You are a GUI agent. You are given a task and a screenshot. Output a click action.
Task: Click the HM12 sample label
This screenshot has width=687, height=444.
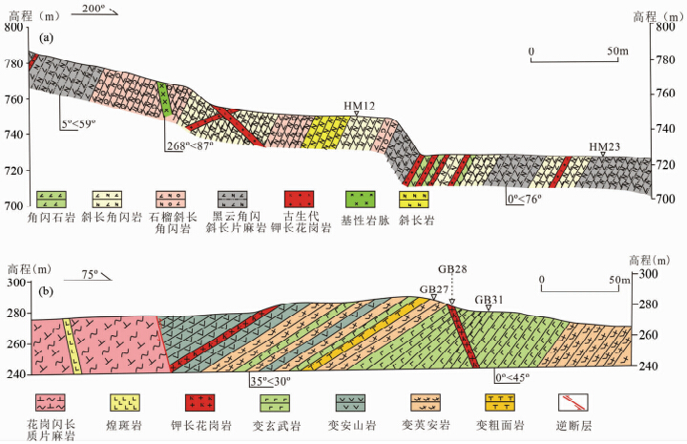356,104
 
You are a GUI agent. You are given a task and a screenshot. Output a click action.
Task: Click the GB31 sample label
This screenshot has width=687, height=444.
489,298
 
